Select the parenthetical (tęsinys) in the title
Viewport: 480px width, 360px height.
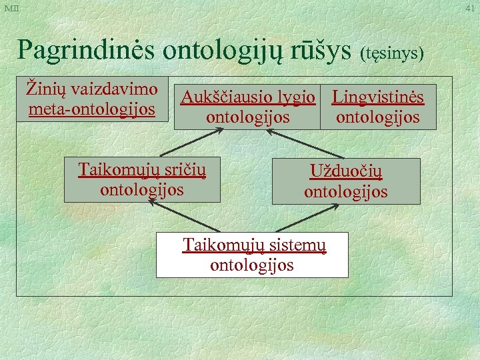click(391, 52)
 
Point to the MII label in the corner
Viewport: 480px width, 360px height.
click(11, 7)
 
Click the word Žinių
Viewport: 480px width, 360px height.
click(43, 89)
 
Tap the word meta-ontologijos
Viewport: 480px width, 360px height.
click(92, 108)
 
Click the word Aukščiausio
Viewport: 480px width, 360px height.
click(229, 98)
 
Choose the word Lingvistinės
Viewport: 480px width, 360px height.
click(378, 98)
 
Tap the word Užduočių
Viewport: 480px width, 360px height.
click(346, 173)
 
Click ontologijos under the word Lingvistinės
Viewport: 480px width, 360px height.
click(378, 117)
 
